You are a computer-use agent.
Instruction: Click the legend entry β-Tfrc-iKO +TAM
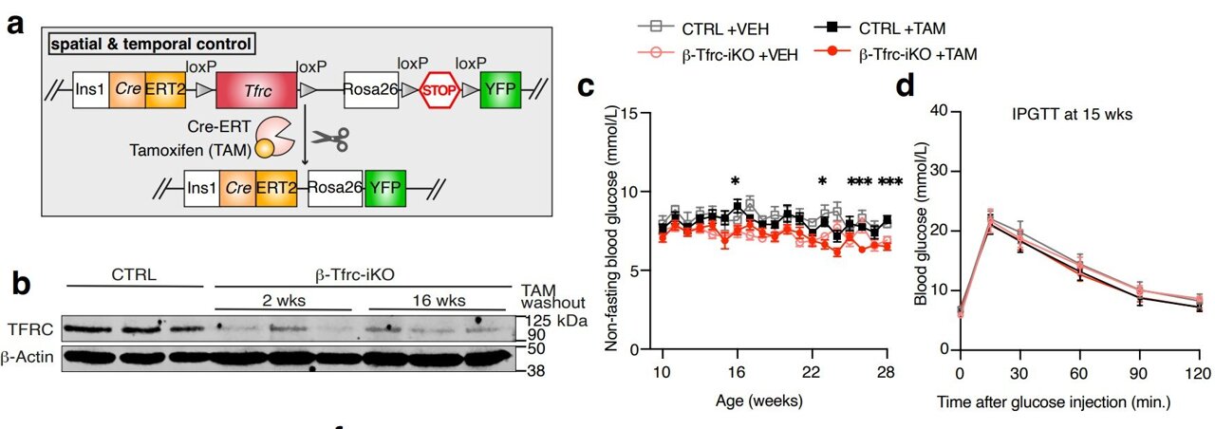905,55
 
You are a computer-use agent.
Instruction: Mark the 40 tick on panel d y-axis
942,111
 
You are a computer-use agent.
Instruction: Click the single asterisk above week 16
735,181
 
